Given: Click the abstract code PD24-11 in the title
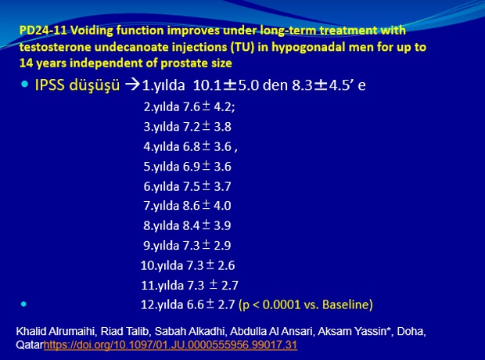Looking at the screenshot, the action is [x=43, y=31].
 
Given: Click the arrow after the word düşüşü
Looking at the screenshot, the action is [x=132, y=85].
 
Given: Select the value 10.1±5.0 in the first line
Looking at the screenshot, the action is [x=226, y=85].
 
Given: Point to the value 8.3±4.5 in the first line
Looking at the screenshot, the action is [x=321, y=85].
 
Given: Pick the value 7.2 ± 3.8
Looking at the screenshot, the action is [x=207, y=127].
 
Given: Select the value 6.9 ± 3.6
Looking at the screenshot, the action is [x=207, y=167].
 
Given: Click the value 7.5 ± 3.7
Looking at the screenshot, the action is [x=207, y=186].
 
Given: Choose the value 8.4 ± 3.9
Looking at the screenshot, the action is [x=207, y=225].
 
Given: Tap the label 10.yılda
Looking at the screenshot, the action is [x=162, y=265].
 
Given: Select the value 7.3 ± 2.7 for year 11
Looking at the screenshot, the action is [x=213, y=286].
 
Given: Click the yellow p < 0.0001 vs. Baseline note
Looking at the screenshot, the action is [x=306, y=305].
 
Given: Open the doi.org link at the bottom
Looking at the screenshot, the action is [x=171, y=345].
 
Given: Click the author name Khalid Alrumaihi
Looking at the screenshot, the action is [x=55, y=331].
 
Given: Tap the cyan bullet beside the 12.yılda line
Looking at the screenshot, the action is [x=23, y=304].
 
